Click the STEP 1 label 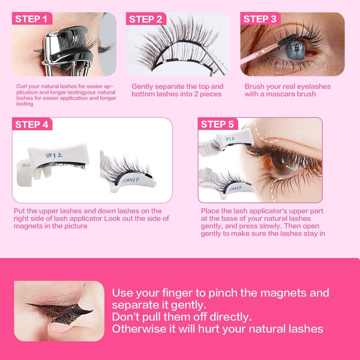(31, 19)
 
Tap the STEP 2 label (145, 19)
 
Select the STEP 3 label (260, 19)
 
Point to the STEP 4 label (31, 125)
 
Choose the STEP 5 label (217, 124)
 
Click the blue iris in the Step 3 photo (297, 50)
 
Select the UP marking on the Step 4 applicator (54, 155)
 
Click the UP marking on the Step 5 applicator (229, 139)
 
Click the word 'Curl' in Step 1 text (21, 86)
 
